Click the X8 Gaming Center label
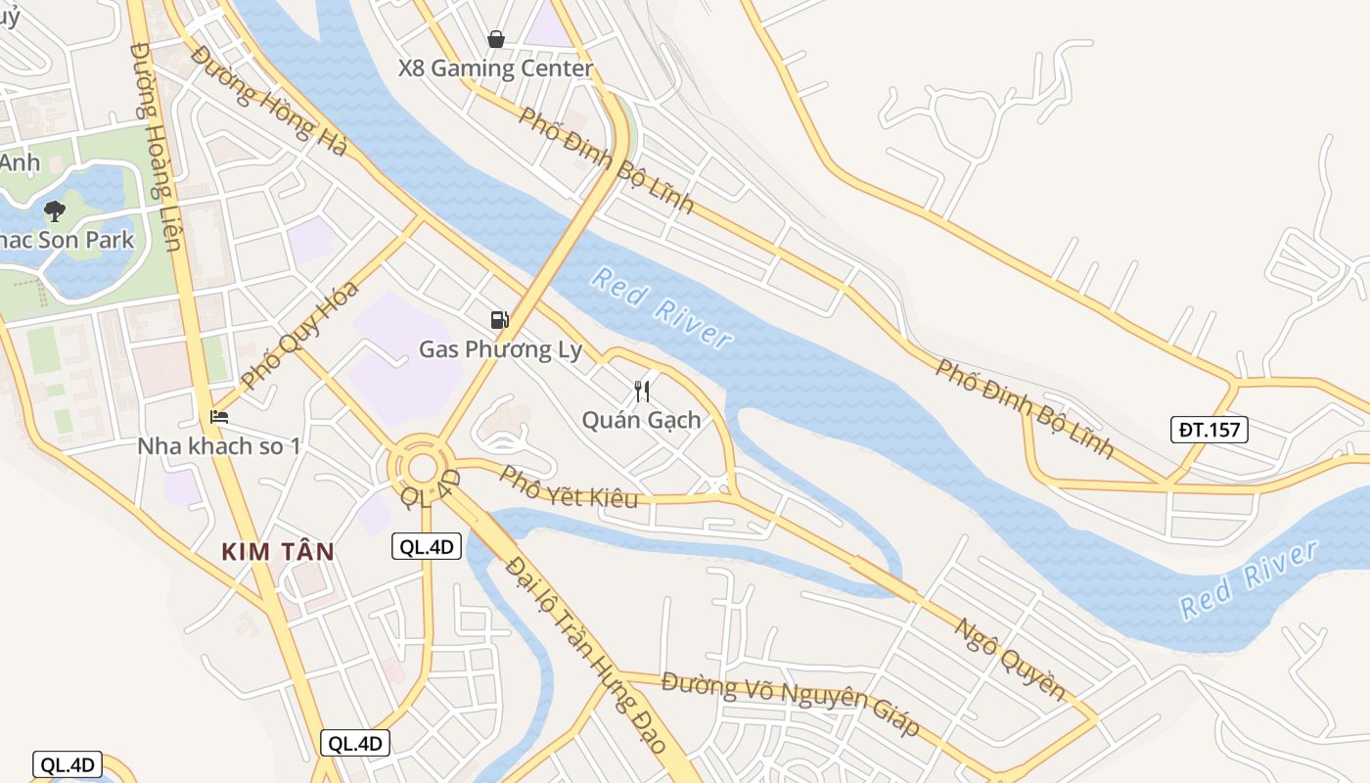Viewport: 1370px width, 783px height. pyautogui.click(x=495, y=69)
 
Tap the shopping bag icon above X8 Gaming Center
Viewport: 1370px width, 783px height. pyautogui.click(x=496, y=39)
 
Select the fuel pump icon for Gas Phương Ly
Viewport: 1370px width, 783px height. pyautogui.click(x=500, y=319)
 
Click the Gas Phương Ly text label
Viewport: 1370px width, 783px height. pyautogui.click(x=500, y=349)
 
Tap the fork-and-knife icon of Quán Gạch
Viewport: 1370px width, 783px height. pyautogui.click(x=642, y=391)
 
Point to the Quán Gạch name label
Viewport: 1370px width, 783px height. pyautogui.click(x=641, y=420)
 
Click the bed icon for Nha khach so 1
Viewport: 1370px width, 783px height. pyautogui.click(x=219, y=417)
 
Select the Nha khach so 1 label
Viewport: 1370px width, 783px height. pyautogui.click(x=219, y=446)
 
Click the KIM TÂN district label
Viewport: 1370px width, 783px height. pyautogui.click(x=278, y=552)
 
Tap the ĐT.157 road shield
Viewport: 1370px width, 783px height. pyautogui.click(x=1210, y=430)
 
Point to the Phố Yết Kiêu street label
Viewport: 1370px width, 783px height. pyautogui.click(x=569, y=487)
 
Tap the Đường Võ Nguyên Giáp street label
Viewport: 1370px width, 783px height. pyautogui.click(x=791, y=703)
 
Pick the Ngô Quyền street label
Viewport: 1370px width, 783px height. pyautogui.click(x=1009, y=659)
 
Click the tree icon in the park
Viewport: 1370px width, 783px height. pyautogui.click(x=55, y=210)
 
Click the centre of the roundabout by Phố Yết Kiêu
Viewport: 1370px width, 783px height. pyautogui.click(x=421, y=467)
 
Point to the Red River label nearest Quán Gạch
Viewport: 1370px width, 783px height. pyautogui.click(x=662, y=307)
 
